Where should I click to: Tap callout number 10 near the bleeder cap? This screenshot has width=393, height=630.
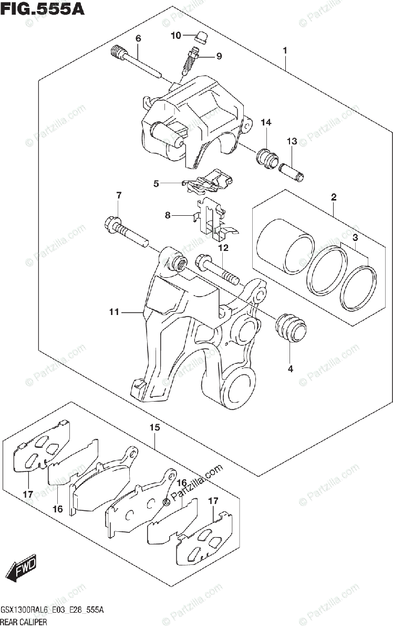(175, 36)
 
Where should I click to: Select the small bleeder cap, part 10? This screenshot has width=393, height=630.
(200, 37)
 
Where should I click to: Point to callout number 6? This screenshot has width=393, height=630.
(138, 38)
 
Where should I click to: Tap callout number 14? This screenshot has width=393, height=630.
(266, 123)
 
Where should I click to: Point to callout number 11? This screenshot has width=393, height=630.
(115, 313)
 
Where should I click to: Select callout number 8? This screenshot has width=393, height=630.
(168, 215)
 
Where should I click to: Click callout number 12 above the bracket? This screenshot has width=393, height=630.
(223, 248)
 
